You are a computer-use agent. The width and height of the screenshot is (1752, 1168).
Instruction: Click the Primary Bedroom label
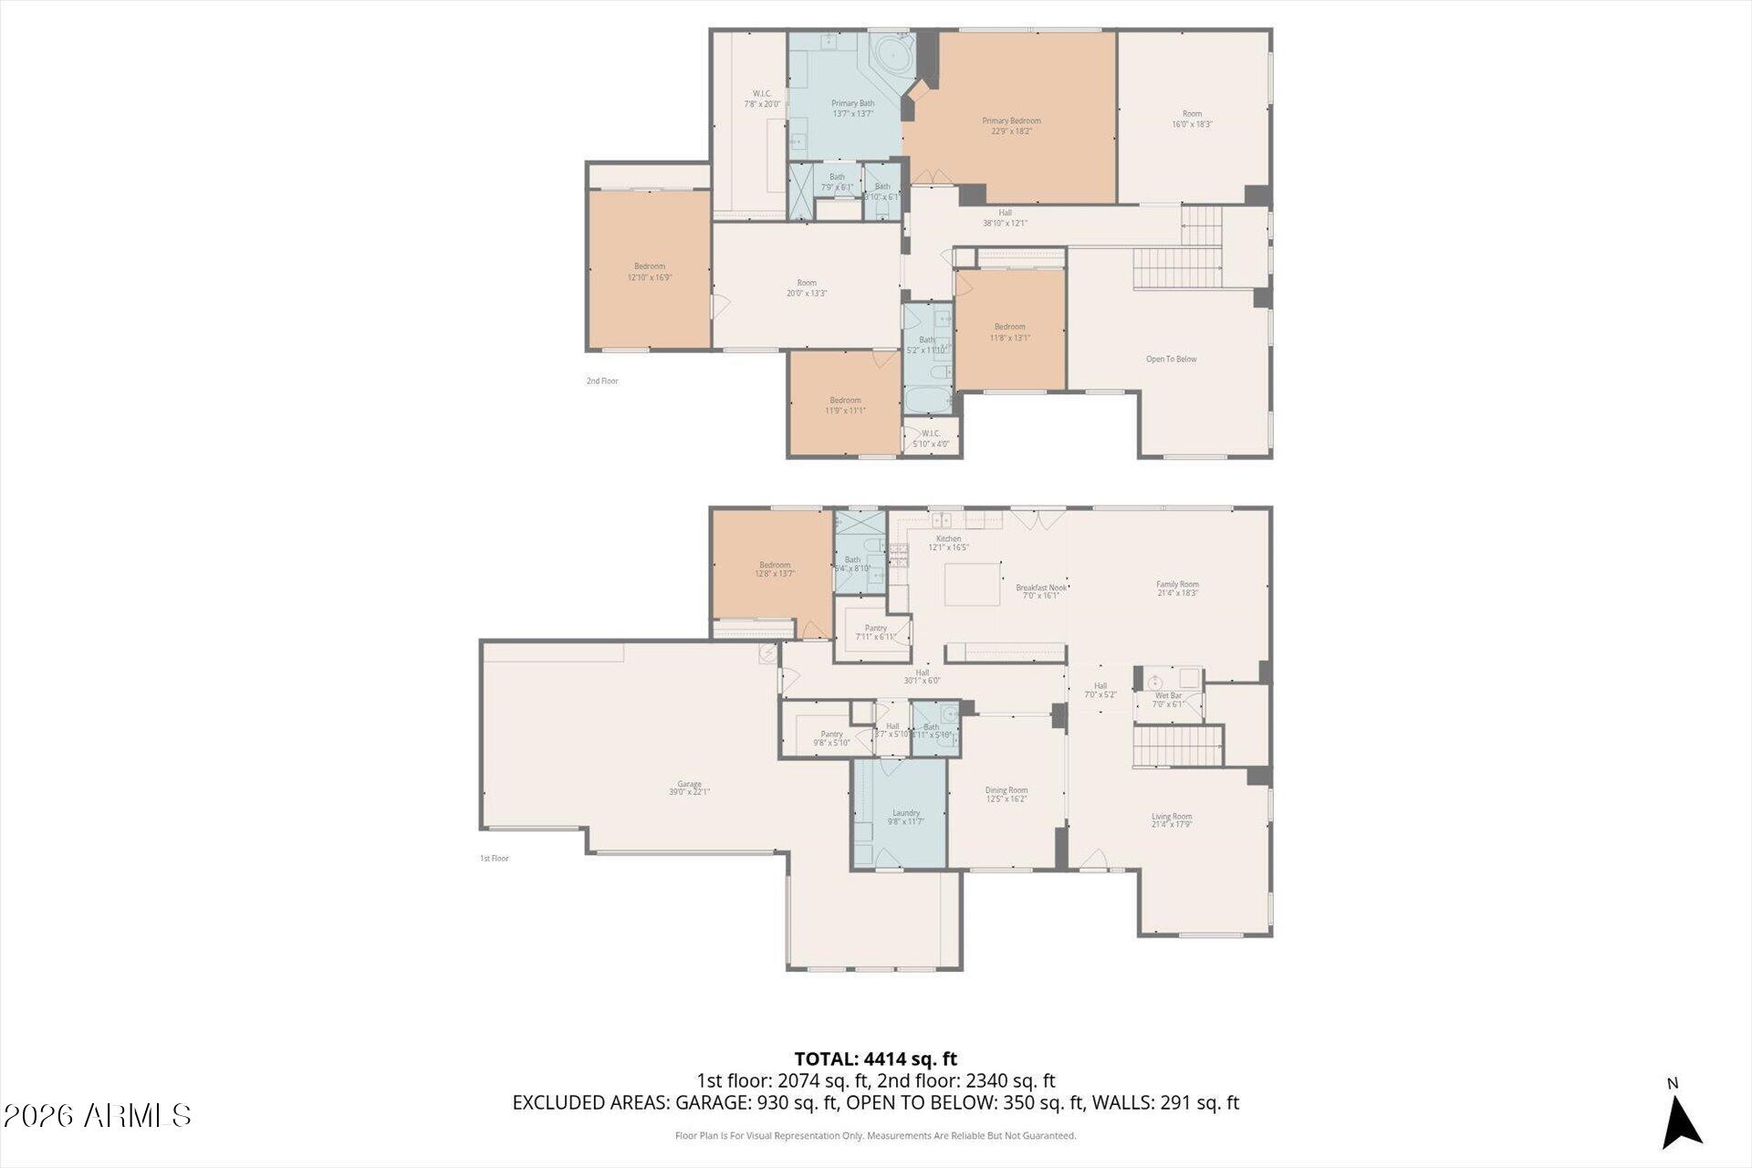pyautogui.click(x=1011, y=126)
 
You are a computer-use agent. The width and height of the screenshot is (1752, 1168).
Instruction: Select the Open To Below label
pyautogui.click(x=1171, y=360)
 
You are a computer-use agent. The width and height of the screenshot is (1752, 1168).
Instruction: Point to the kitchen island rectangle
pyautogui.click(x=972, y=585)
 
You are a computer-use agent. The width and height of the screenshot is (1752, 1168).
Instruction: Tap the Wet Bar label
pyautogui.click(x=1168, y=699)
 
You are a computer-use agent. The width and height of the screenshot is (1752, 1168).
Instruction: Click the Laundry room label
pyautogui.click(x=905, y=817)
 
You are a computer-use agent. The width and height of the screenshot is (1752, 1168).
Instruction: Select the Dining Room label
pyautogui.click(x=1006, y=794)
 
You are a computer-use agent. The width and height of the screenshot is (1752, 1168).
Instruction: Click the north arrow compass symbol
pyautogui.click(x=1681, y=1122)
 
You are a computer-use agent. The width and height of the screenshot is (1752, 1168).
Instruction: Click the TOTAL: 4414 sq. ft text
pyautogui.click(x=875, y=1059)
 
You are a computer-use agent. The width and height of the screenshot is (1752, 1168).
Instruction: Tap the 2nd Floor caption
pyautogui.click(x=602, y=381)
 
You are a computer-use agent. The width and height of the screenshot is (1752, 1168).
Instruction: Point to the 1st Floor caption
pyautogui.click(x=494, y=859)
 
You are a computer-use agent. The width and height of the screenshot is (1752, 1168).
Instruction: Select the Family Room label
pyautogui.click(x=1177, y=589)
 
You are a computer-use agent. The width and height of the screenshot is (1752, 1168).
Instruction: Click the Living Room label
pyautogui.click(x=1172, y=820)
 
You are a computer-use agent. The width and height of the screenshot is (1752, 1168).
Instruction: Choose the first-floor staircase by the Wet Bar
pyautogui.click(x=1177, y=746)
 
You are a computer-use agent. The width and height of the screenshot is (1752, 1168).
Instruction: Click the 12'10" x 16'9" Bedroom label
pyautogui.click(x=650, y=271)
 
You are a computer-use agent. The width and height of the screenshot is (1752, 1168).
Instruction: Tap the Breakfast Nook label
pyautogui.click(x=1040, y=591)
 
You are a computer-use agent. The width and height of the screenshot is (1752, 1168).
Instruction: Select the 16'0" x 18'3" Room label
pyautogui.click(x=1192, y=119)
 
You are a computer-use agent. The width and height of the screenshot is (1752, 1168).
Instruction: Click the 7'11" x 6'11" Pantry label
pyautogui.click(x=875, y=631)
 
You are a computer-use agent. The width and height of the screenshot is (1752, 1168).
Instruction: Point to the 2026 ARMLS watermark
pyautogui.click(x=97, y=1115)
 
